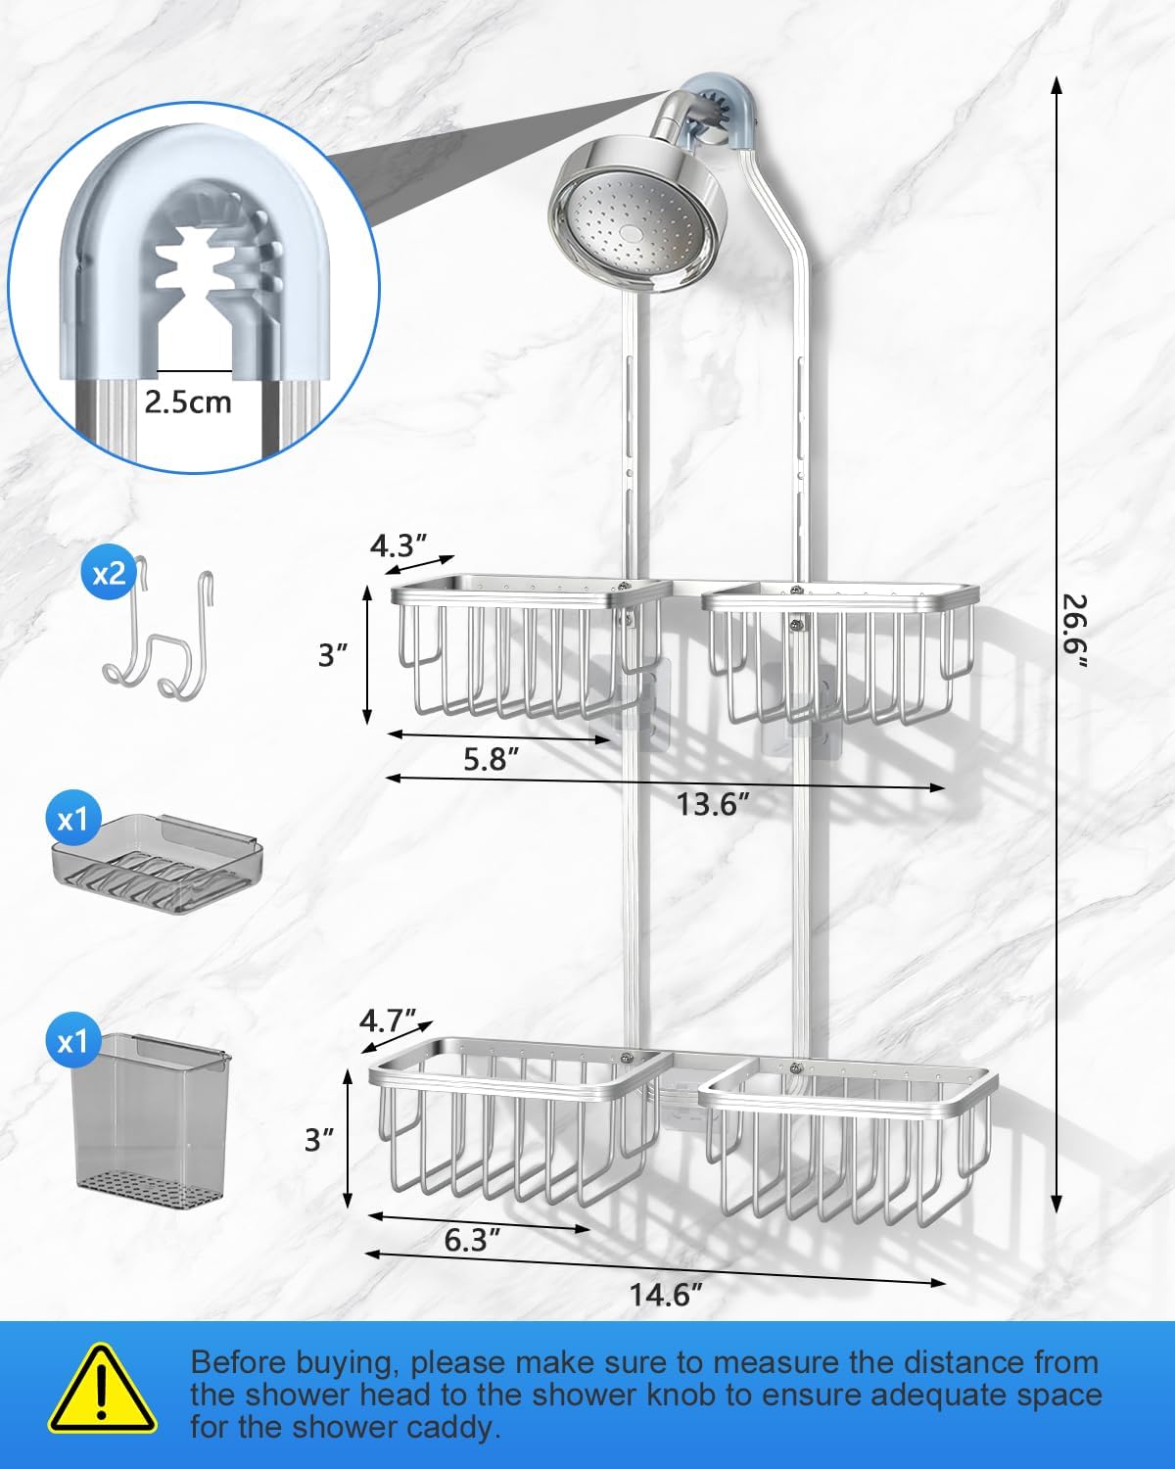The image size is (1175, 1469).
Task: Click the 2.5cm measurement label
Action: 188,403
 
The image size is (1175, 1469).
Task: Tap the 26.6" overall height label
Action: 1074,631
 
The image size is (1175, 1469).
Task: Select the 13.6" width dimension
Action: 713,805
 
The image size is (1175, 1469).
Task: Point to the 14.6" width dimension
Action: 666,1295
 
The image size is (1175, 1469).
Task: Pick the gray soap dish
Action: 154,863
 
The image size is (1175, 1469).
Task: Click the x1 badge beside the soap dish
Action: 73,819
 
